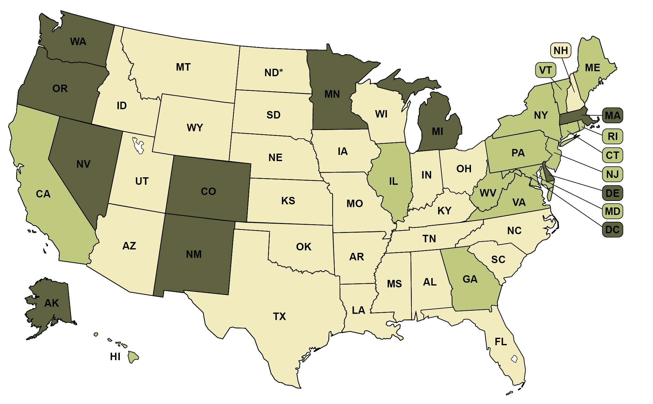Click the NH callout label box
561,50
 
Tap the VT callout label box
545,70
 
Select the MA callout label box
612,116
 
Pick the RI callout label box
612,136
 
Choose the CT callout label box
612,155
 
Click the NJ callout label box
612,174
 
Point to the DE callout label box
612,193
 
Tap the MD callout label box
612,211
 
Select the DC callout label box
612,230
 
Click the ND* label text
274,73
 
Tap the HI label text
115,357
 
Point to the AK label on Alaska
51,303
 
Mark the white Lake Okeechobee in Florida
514,359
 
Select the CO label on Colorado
208,192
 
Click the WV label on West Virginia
488,193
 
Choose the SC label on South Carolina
498,260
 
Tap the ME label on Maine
592,68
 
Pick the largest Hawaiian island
133,357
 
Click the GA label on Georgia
470,279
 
